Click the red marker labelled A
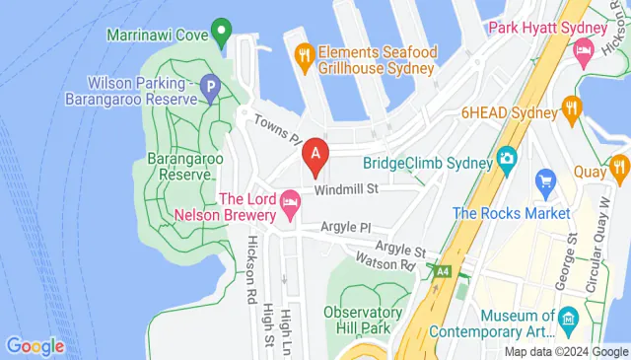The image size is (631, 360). tap(315, 155)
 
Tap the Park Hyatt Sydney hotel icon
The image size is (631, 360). tap(584, 47)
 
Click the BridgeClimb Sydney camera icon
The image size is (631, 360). tap(507, 157)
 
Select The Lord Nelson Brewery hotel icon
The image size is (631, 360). tap(290, 206)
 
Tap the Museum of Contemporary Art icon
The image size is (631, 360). tap(569, 320)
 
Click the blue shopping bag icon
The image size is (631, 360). tap(545, 180)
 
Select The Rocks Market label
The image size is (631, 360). tap(512, 213)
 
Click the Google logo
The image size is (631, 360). tap(35, 346)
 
